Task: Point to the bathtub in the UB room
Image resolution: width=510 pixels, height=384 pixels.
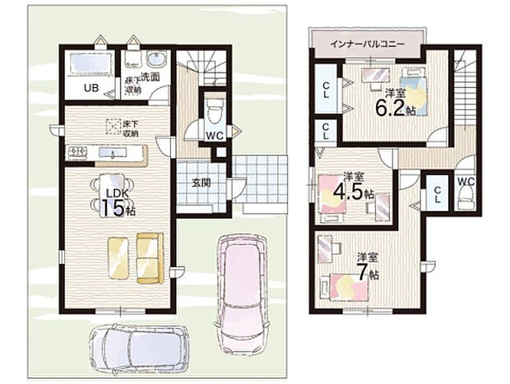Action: (x=86, y=64)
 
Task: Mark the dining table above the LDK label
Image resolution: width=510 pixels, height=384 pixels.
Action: (x=109, y=183)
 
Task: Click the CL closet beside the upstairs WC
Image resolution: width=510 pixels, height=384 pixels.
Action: (x=438, y=195)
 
